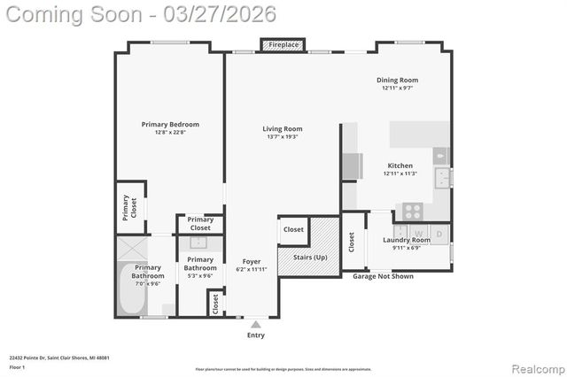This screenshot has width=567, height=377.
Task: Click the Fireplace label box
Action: click(283, 44)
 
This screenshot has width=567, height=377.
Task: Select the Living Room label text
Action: click(282, 129)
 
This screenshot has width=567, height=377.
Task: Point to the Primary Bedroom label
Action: click(170, 125)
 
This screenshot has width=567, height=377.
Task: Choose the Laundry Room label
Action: click(406, 240)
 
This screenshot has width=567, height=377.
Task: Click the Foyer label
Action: click(252, 262)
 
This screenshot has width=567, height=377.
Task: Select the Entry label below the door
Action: click(255, 335)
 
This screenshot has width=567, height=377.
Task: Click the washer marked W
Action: click(419, 234)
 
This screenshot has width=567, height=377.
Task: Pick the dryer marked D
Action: click(439, 234)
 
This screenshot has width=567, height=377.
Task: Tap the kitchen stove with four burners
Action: click(413, 212)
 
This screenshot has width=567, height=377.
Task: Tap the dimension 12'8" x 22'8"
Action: click(170, 134)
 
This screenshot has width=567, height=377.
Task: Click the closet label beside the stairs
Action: click(293, 229)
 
